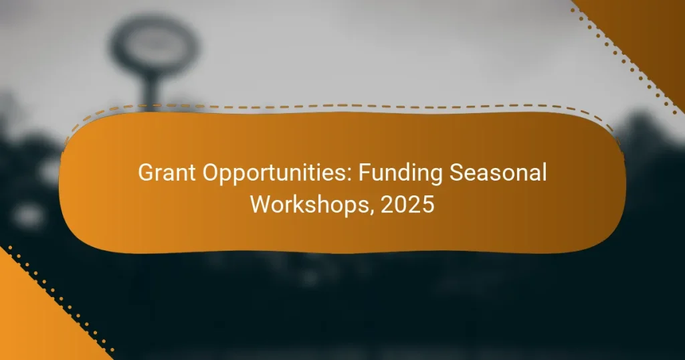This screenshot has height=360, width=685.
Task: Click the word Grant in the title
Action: click(x=163, y=174)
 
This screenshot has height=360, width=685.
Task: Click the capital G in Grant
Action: click(x=145, y=174)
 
